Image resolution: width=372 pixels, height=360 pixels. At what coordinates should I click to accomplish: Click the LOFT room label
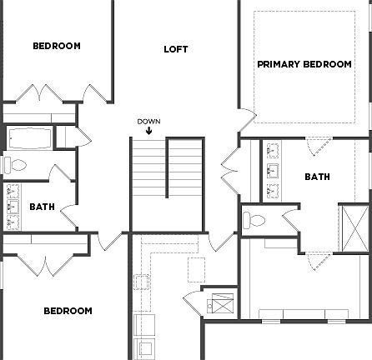tap(176, 49)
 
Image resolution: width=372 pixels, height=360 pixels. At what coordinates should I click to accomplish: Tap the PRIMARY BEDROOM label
tap(304, 64)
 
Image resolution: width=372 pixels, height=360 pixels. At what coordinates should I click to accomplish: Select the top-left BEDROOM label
tap(57, 46)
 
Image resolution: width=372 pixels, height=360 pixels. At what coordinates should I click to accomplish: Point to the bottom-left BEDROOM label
tap(68, 311)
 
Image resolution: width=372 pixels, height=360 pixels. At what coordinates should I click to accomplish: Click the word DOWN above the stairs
tap(148, 122)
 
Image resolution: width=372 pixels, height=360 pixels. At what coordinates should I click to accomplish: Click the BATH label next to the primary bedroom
tap(317, 177)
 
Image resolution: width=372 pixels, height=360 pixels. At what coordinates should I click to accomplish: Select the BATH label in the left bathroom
tap(42, 207)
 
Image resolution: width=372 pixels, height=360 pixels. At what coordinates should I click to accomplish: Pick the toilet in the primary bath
tap(255, 220)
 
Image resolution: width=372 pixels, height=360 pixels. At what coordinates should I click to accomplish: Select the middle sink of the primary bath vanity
tap(273, 172)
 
